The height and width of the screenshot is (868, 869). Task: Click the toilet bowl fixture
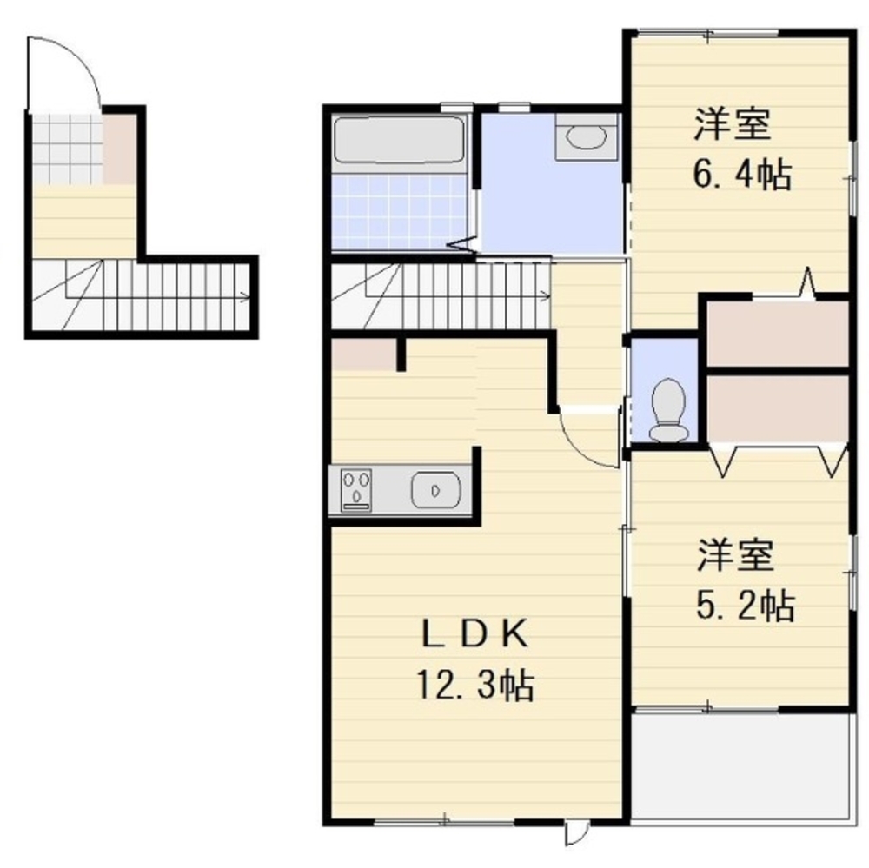[x=668, y=409]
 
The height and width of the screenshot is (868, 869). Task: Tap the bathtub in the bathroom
[x=399, y=139]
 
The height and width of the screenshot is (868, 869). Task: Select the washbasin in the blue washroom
[x=586, y=137]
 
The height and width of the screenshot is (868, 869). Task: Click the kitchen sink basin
[x=435, y=489]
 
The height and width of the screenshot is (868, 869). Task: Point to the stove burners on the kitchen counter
[x=356, y=490]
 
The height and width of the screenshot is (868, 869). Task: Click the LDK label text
[x=475, y=634]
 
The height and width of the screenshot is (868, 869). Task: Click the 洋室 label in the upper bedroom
[x=732, y=125]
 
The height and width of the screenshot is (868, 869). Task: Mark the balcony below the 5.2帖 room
[x=740, y=767]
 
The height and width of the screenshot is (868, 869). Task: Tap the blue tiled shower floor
[x=399, y=211]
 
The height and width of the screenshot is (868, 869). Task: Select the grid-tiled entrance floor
[x=67, y=149]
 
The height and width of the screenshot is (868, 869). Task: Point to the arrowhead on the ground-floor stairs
[x=243, y=296]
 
